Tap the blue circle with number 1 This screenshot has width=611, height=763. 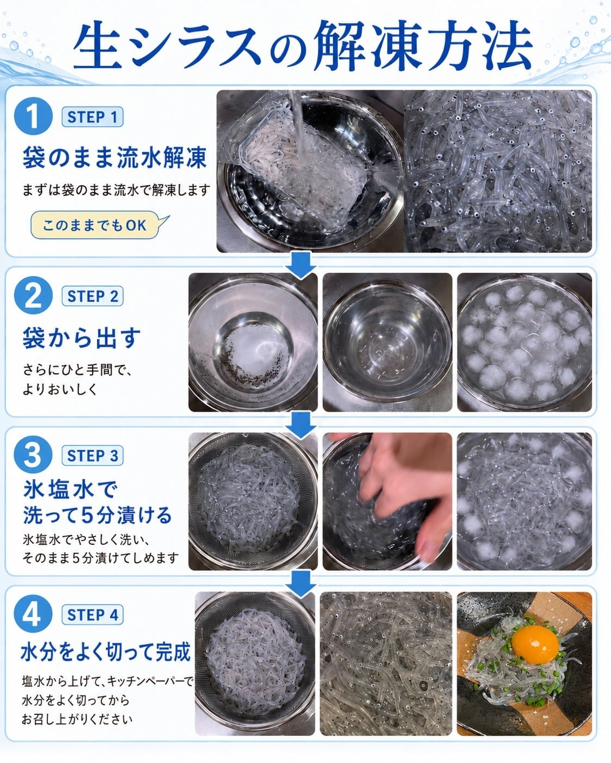point(33,116)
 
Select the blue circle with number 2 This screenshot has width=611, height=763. point(33,295)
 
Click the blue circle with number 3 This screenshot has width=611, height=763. point(33,454)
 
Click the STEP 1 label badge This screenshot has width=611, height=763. point(93,116)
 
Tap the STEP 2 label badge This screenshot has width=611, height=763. point(93,296)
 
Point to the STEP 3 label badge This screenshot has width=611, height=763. point(93,456)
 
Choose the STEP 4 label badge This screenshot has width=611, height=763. point(93,615)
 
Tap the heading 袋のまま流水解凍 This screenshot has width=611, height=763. point(114,157)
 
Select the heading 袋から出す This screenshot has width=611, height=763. point(82,337)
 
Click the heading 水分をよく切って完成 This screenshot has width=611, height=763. point(106,651)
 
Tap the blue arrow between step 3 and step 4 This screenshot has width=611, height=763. point(301,583)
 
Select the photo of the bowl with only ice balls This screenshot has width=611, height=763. point(524,342)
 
